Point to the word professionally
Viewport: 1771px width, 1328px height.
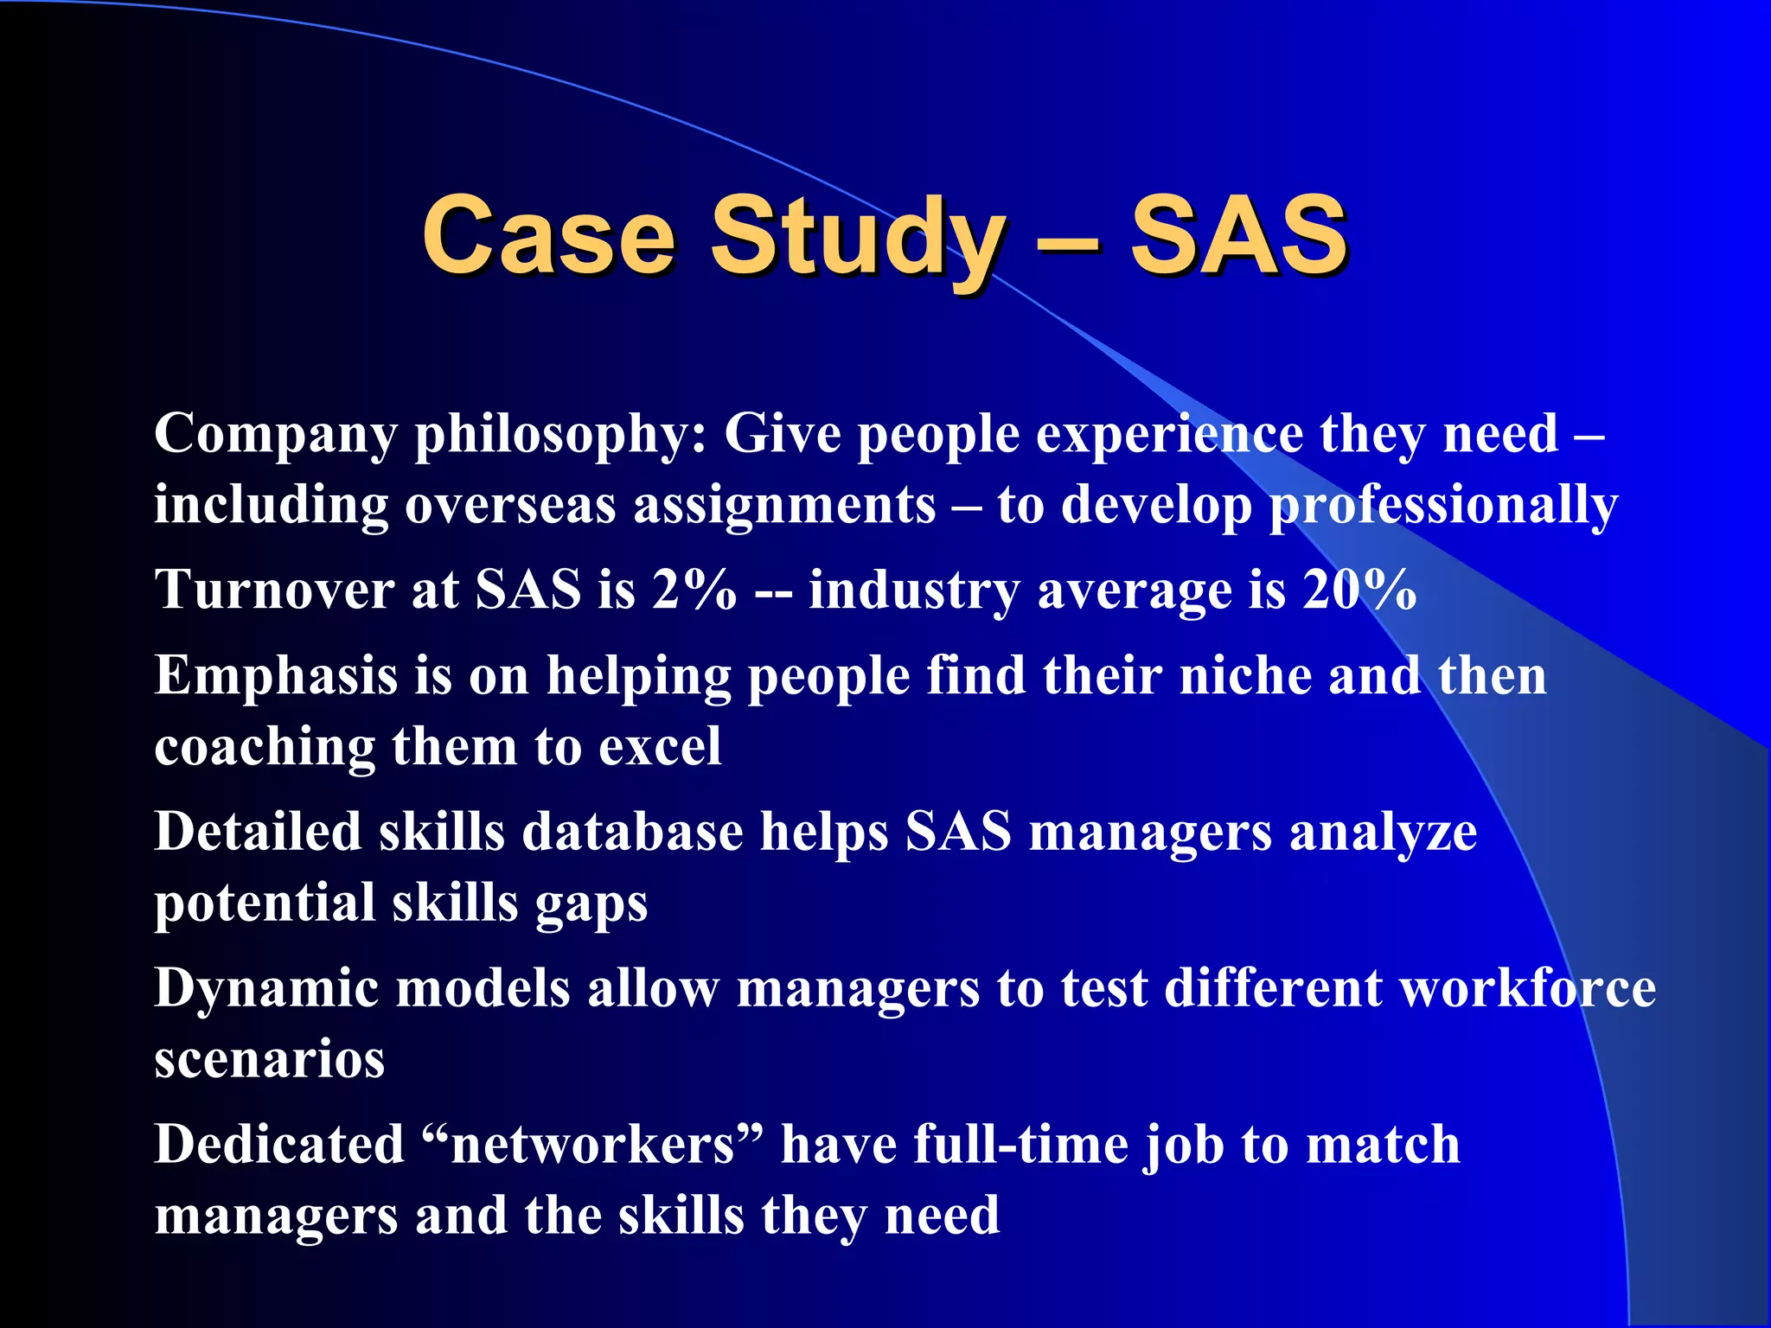pos(1442,507)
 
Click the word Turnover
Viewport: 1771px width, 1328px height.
pos(274,590)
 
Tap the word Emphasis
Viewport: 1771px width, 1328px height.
pos(277,676)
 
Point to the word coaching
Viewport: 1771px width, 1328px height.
pos(265,747)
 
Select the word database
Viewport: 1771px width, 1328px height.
pos(632,832)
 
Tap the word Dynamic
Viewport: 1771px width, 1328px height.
pos(266,989)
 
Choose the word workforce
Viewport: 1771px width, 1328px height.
pos(1528,987)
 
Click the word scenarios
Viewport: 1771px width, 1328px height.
pos(269,1059)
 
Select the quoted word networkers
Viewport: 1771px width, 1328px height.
pos(592,1145)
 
